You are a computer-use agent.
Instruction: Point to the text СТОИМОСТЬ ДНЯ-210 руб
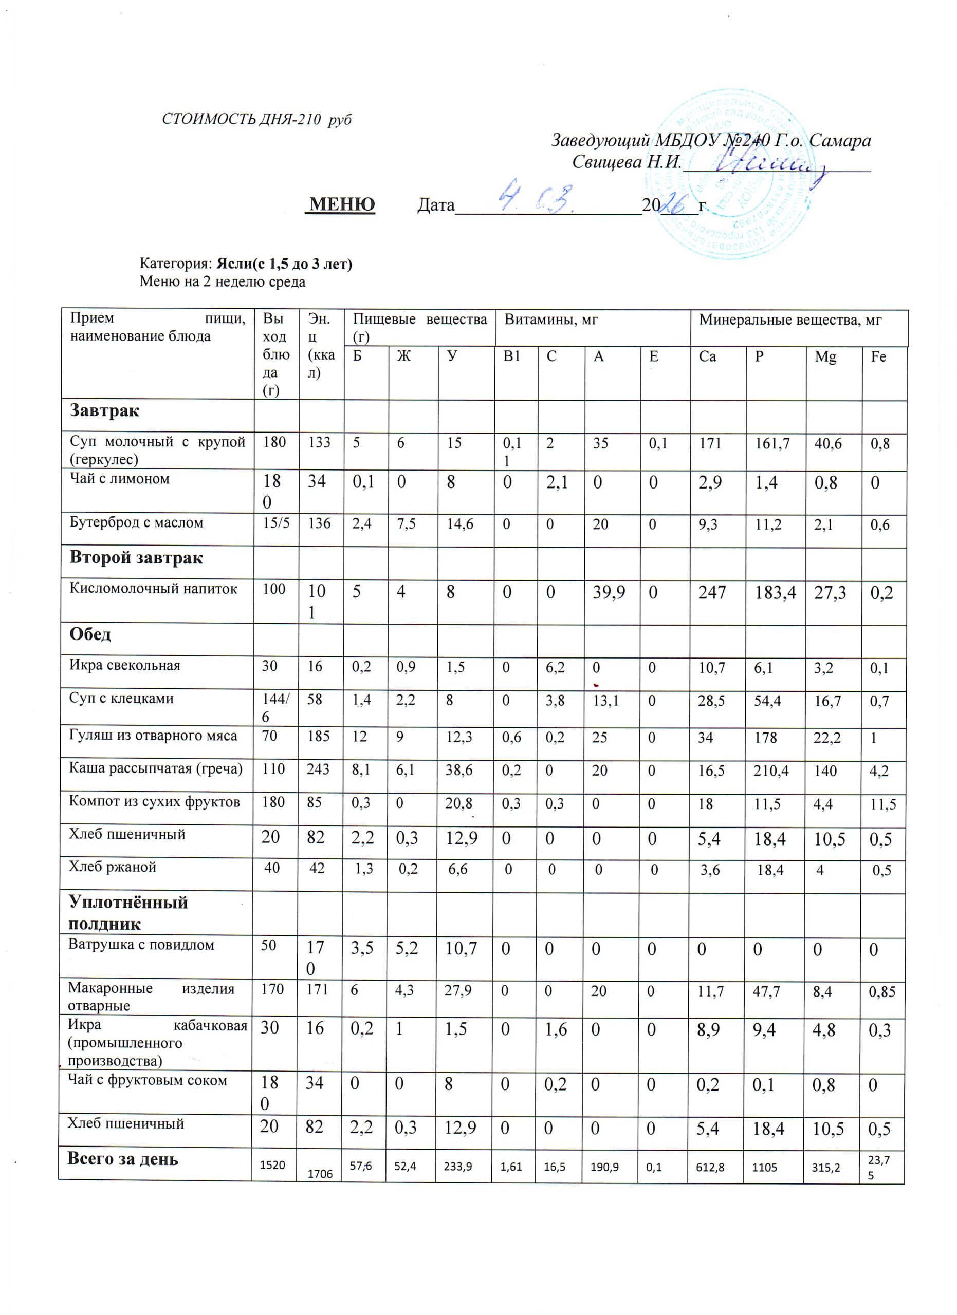pos(256,120)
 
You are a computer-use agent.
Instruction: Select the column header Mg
pos(825,357)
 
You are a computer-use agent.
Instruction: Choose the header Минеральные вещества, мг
pos(790,320)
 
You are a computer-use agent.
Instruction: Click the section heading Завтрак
pos(104,411)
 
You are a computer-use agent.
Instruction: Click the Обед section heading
pos(90,634)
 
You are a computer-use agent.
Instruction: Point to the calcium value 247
pos(712,593)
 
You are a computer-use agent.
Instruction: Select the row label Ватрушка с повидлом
pos(141,945)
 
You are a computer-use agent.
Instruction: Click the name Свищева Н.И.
pos(626,162)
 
